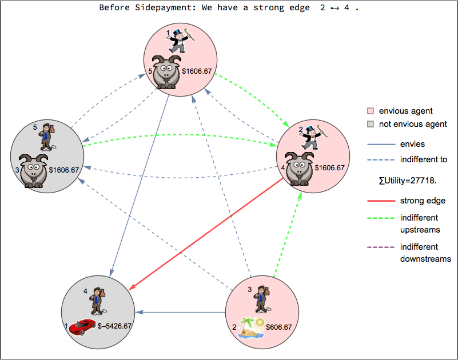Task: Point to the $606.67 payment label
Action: pos(278,327)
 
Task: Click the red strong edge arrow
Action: pos(206,234)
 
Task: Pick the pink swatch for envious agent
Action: pos(371,111)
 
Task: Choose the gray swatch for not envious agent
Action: pos(371,124)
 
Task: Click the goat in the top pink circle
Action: pos(167,72)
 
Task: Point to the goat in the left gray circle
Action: pos(33,170)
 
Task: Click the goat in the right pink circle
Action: pos(298,168)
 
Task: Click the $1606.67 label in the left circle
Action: pos(64,170)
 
